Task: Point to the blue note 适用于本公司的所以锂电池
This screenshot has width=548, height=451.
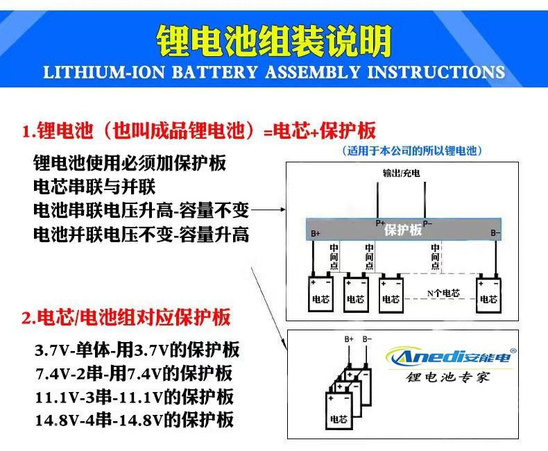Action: tap(412, 151)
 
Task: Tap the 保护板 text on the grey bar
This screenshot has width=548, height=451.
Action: tap(402, 230)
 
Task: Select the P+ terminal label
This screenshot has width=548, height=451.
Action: tap(380, 223)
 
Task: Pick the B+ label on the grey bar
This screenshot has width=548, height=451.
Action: tap(316, 234)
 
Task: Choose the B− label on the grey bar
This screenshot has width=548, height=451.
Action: tap(495, 234)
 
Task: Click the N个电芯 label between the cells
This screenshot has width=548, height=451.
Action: tap(443, 293)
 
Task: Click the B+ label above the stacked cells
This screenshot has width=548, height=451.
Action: tap(350, 339)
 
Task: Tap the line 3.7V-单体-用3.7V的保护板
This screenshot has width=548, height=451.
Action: tap(137, 350)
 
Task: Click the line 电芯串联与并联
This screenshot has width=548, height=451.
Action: tap(94, 187)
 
